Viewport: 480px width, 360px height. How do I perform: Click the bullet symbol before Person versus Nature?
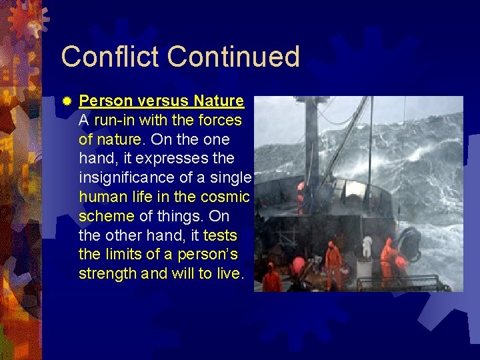point(67,102)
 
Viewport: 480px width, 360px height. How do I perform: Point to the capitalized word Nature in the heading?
point(219,101)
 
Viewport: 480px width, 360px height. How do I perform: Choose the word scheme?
point(106,217)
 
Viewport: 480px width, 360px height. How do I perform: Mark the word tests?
point(219,236)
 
